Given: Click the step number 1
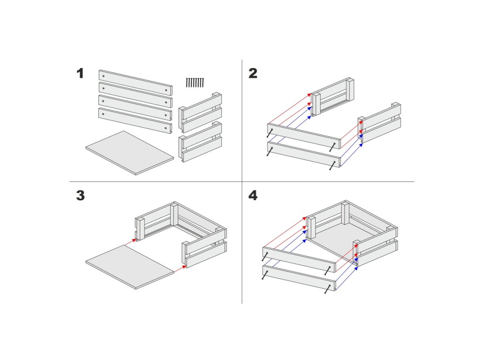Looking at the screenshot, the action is pyautogui.click(x=80, y=74).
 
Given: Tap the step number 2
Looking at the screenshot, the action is pyautogui.click(x=253, y=74).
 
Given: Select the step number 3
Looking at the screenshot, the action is pyautogui.click(x=80, y=195).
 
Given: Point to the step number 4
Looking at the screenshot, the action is pyautogui.click(x=253, y=195).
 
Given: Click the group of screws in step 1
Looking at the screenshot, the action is pyautogui.click(x=195, y=82).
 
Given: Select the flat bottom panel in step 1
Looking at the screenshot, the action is pyautogui.click(x=130, y=153).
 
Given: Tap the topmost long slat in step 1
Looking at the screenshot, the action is pyautogui.click(x=135, y=82).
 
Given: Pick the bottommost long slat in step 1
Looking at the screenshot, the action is pyautogui.click(x=135, y=120).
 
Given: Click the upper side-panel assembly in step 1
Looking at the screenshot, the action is pyautogui.click(x=200, y=112).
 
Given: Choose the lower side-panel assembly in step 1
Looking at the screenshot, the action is pyautogui.click(x=200, y=142).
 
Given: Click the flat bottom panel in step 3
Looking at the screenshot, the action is pyautogui.click(x=130, y=267).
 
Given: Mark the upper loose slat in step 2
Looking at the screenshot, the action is pyautogui.click(x=304, y=136).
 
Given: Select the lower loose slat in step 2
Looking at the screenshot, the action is pyautogui.click(x=304, y=154).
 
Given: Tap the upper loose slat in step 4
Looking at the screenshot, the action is pyautogui.click(x=299, y=259).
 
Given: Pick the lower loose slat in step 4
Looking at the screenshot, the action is pyautogui.click(x=299, y=278).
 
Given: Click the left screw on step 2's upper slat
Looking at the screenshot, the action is pyautogui.click(x=270, y=133).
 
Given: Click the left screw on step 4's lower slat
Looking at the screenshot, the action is pyautogui.click(x=265, y=275).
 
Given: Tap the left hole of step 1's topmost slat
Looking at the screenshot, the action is pyautogui.click(x=104, y=76).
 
